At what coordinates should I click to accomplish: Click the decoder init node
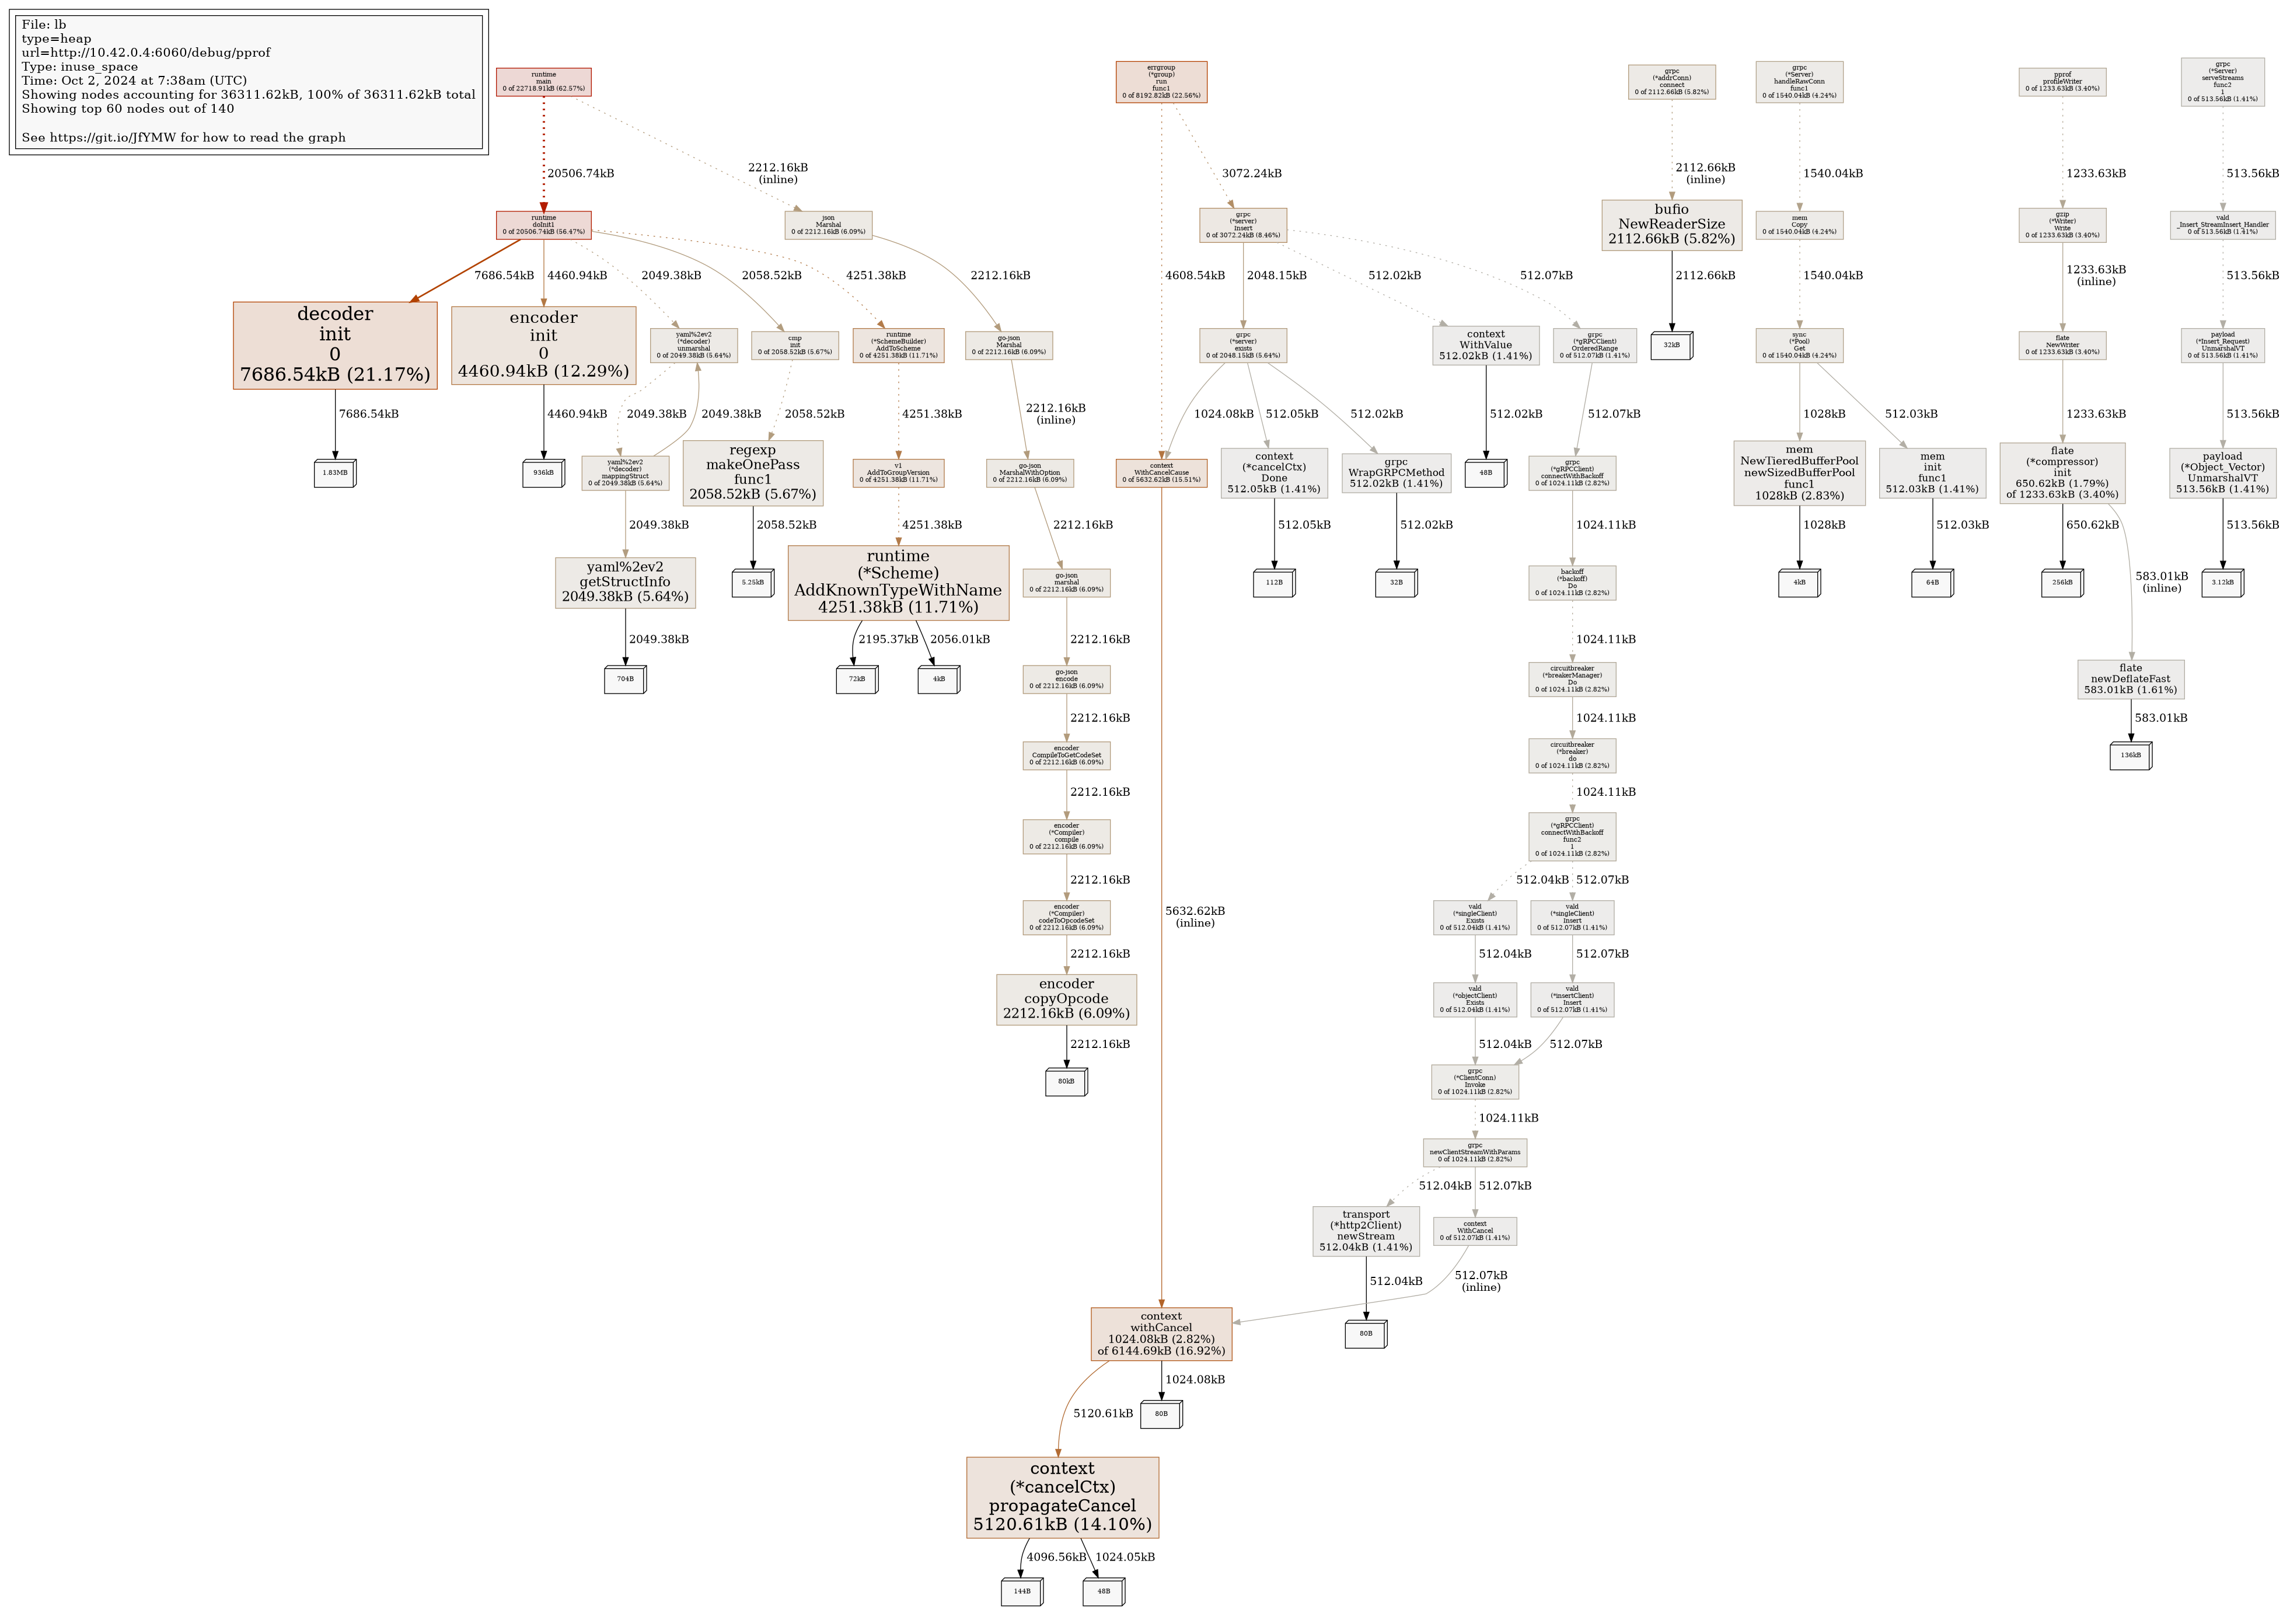[x=335, y=345]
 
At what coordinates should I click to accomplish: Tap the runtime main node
[x=544, y=82]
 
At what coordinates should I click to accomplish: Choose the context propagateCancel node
[x=1062, y=1497]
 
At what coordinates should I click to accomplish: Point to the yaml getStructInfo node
[x=626, y=581]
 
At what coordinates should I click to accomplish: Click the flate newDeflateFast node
[x=2130, y=679]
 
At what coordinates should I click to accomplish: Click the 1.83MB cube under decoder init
[x=335, y=473]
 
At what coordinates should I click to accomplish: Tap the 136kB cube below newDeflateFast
[x=2130, y=756]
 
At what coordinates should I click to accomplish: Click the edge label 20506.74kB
[x=581, y=173]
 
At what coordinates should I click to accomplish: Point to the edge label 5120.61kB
[x=1103, y=1413]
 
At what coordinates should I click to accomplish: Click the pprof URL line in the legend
[x=146, y=53]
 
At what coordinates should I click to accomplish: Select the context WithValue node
[x=1486, y=345]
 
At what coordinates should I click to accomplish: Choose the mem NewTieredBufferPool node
[x=1799, y=472]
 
